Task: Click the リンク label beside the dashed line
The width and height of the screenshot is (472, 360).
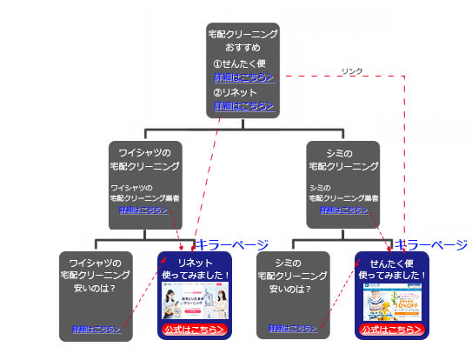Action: pyautogui.click(x=352, y=71)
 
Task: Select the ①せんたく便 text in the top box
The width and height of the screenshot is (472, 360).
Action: pyautogui.click(x=240, y=64)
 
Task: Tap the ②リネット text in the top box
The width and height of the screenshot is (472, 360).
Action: pyautogui.click(x=236, y=92)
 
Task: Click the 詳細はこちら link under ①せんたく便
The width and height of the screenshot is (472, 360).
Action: pyautogui.click(x=244, y=78)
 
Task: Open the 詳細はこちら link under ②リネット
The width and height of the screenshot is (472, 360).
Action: pyautogui.click(x=244, y=106)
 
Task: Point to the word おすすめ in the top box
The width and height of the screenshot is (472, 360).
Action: pyautogui.click(x=243, y=47)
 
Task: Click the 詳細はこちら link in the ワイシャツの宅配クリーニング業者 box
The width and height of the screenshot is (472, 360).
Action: pyautogui.click(x=144, y=210)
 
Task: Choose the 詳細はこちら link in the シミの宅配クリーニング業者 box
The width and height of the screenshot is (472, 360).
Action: pyautogui.click(x=343, y=210)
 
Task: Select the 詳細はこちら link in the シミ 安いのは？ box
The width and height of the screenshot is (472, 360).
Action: pyautogui.click(x=293, y=330)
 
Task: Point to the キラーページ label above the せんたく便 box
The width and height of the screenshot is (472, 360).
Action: pyautogui.click(x=432, y=245)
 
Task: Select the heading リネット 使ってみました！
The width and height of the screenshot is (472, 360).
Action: pyautogui.click(x=195, y=268)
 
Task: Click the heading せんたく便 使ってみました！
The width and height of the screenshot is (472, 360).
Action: pyautogui.click(x=392, y=268)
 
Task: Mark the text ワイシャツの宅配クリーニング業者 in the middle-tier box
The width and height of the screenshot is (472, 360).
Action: pyautogui.click(x=144, y=192)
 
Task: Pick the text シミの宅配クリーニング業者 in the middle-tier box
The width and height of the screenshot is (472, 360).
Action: pyautogui.click(x=343, y=192)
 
